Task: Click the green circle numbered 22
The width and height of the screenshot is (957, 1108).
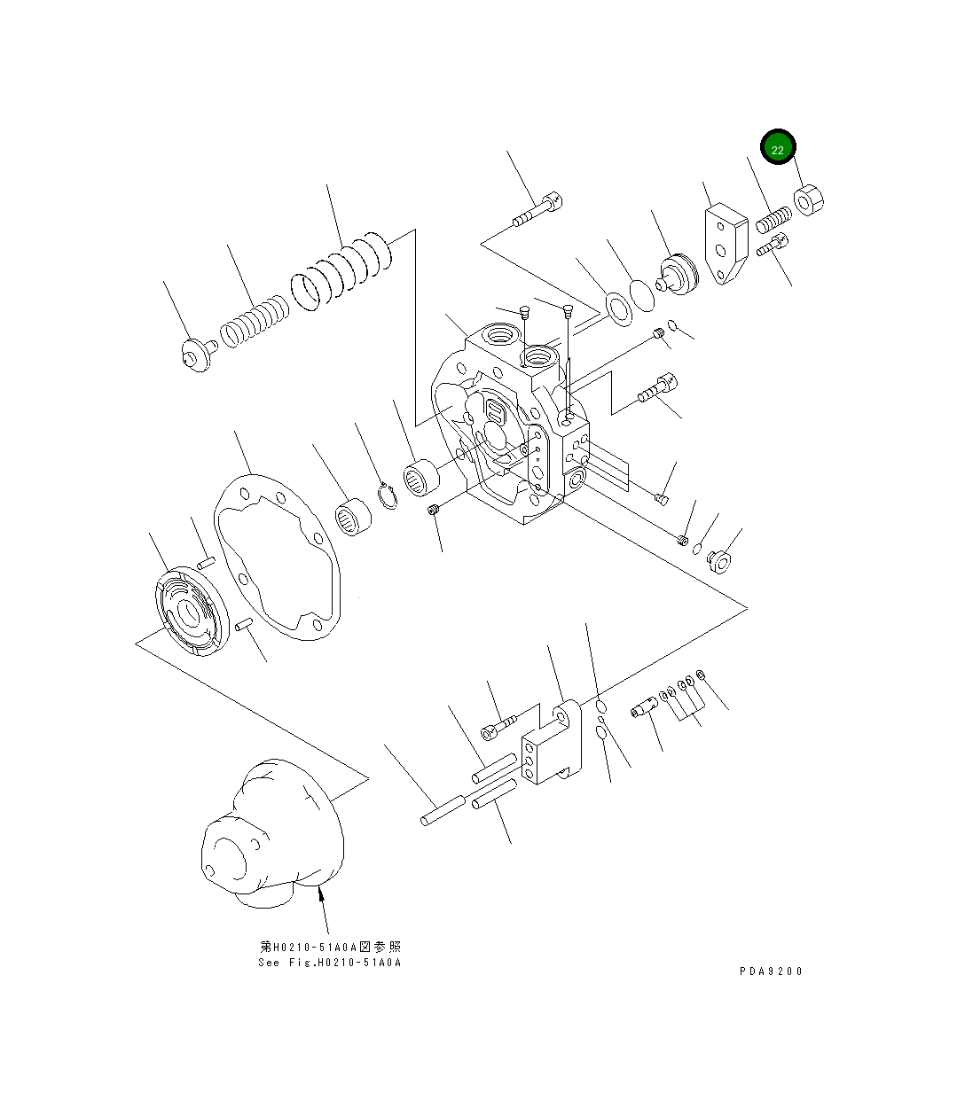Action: click(778, 149)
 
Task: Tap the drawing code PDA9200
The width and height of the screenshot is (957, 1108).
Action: click(771, 971)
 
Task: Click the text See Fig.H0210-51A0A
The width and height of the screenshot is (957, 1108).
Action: click(330, 963)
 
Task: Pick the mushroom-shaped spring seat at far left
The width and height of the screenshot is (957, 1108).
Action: click(193, 356)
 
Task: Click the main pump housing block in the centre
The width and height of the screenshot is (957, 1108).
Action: click(510, 425)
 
